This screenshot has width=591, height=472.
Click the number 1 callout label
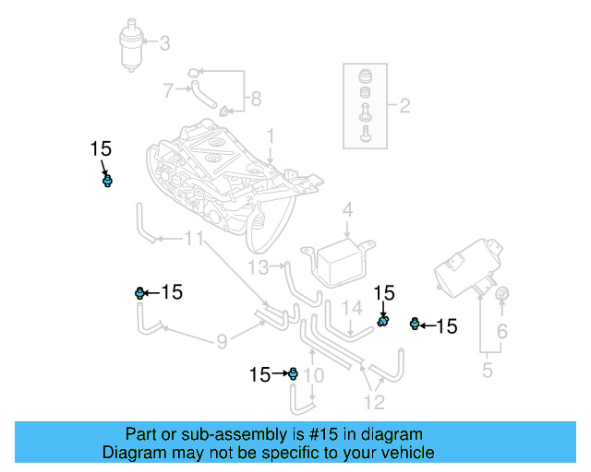coord(271,136)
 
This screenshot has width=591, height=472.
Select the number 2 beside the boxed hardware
coord(404,106)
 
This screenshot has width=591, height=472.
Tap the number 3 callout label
coord(165,42)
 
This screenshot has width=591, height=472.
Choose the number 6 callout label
coord(502,331)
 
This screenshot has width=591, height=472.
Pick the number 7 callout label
coord(168,90)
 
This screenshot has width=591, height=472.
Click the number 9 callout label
coord(222,342)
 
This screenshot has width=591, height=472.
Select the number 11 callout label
coord(192,240)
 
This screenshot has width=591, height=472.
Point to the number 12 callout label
coord(374,401)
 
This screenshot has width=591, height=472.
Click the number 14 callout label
coord(352,307)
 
